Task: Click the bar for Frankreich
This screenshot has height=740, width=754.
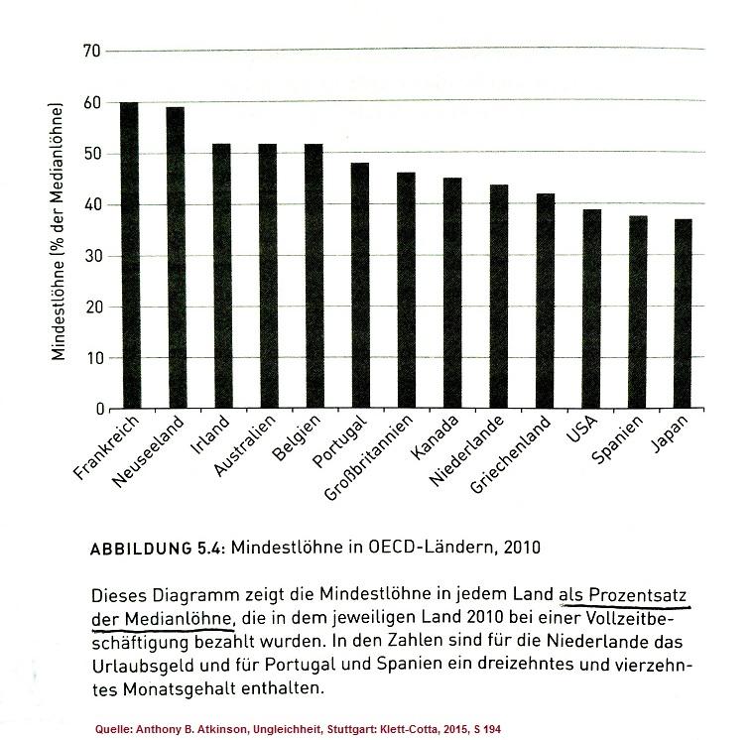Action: (129, 255)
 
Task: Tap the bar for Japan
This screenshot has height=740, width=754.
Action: (684, 313)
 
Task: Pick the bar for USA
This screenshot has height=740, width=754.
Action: (591, 308)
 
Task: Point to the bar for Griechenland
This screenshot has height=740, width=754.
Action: (546, 301)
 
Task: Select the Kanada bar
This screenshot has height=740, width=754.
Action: (452, 293)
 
